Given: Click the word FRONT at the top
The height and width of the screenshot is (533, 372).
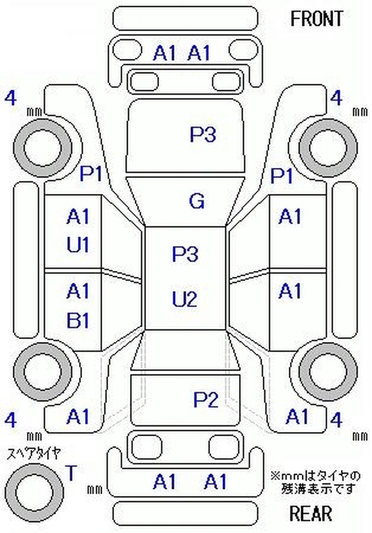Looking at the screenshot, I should [317, 19].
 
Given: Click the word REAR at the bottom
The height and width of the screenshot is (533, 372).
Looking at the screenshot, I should [311, 513].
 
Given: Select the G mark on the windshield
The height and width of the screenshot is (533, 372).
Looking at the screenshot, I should [197, 201].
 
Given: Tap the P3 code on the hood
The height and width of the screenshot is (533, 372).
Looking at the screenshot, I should [203, 135].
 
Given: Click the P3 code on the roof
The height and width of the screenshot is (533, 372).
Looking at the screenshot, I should [185, 254].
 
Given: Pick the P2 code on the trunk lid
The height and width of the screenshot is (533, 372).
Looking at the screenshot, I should [206, 399].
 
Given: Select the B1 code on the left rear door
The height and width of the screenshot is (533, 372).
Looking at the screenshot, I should [78, 320].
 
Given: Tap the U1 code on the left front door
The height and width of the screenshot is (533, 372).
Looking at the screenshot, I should [78, 245].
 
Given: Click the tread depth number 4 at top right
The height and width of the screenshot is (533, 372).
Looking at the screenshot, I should [336, 99].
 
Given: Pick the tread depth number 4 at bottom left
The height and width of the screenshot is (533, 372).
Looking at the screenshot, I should [11, 420].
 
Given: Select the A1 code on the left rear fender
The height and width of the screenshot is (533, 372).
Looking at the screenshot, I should [78, 416].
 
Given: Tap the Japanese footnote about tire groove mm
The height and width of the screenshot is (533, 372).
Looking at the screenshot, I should [315, 482].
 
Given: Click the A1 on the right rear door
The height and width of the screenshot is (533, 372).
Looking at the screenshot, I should [290, 292].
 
